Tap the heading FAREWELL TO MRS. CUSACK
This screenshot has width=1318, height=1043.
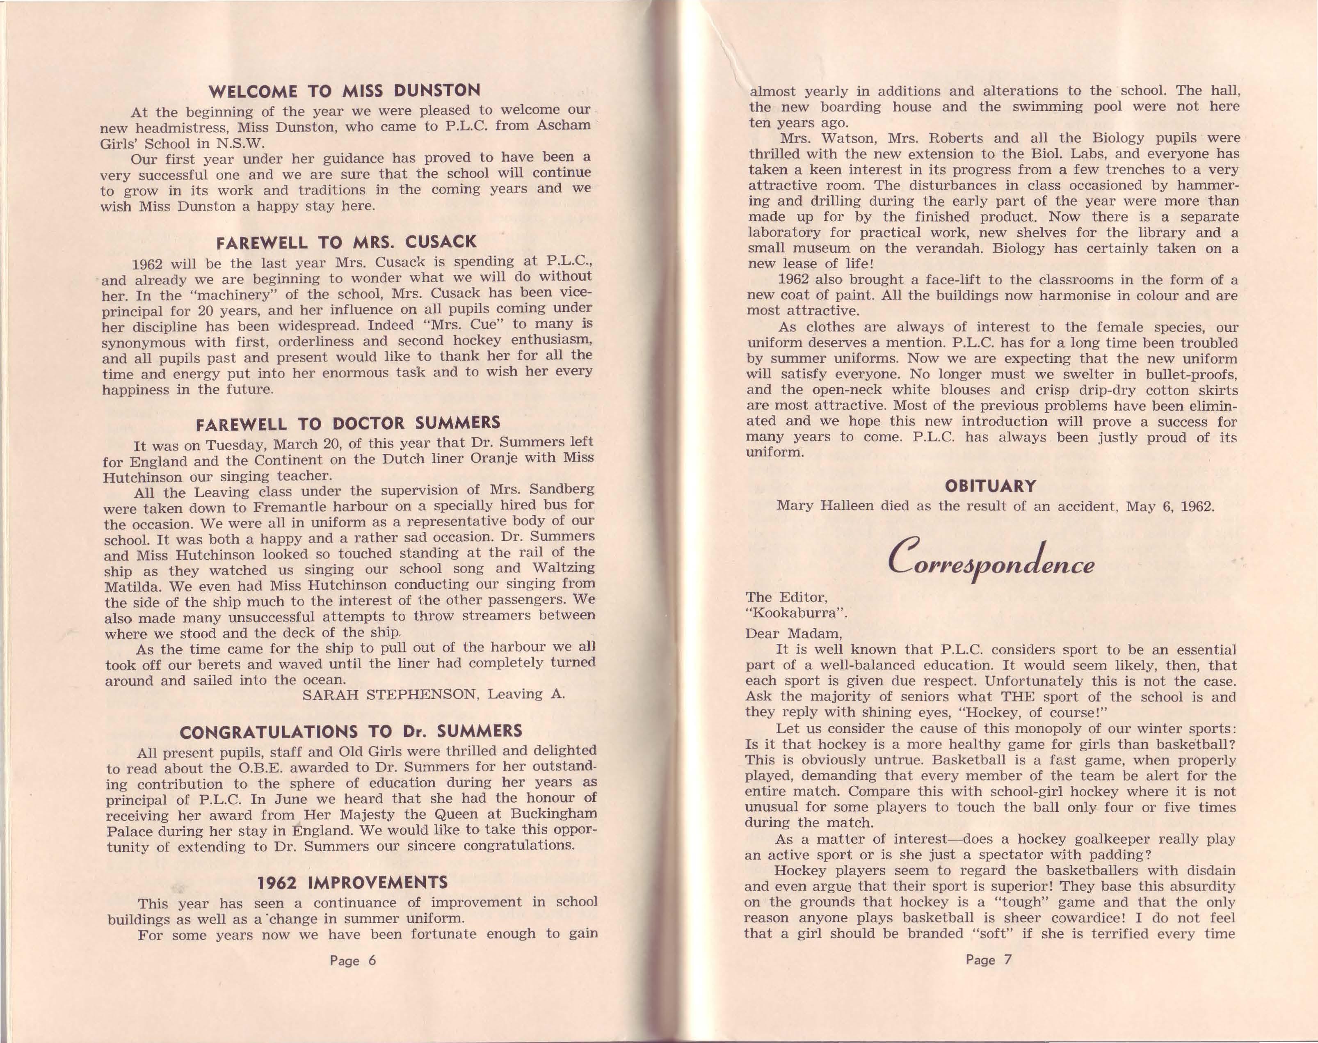coord(346,242)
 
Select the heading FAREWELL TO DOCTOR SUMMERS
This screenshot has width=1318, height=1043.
coord(347,423)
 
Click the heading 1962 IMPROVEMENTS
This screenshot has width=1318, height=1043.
coord(352,883)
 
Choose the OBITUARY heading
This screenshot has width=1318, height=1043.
coord(990,486)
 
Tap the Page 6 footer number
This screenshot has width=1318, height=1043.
coord(353,960)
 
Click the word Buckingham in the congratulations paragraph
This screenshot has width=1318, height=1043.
coord(548,814)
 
